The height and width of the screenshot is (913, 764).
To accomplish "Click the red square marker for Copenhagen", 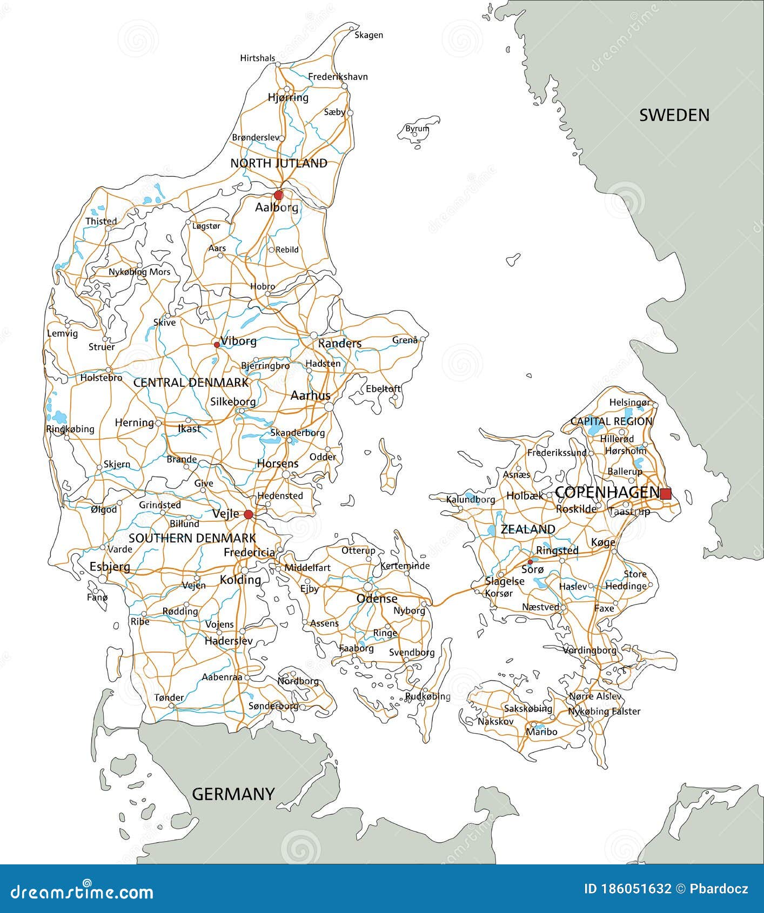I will point(666,493).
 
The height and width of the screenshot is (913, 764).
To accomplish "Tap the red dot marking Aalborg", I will point(278,195).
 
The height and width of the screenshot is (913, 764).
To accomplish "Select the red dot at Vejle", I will point(248,514).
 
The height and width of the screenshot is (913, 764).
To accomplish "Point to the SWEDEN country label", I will point(674,115).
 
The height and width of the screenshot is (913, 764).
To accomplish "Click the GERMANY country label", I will point(233,794).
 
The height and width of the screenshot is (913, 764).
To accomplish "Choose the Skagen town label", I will point(368,35).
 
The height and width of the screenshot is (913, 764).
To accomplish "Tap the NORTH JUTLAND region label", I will point(279,163).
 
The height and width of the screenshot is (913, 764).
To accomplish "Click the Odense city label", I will point(377,599).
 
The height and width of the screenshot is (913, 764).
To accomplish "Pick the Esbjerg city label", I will point(110,567).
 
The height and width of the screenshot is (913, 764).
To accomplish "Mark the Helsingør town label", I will point(629,402).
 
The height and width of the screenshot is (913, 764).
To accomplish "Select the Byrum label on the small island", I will point(417,129).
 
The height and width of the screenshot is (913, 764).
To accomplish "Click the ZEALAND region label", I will point(527,529).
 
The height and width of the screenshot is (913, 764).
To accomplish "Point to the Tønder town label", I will point(169,697).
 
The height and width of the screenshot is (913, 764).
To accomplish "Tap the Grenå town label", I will point(405,340).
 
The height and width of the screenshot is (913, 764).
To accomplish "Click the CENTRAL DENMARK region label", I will point(191,382).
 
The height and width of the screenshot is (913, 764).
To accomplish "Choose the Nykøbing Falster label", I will point(604,711).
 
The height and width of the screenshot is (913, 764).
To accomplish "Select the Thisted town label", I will point(101,221).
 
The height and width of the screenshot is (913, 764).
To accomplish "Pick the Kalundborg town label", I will point(470,499).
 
